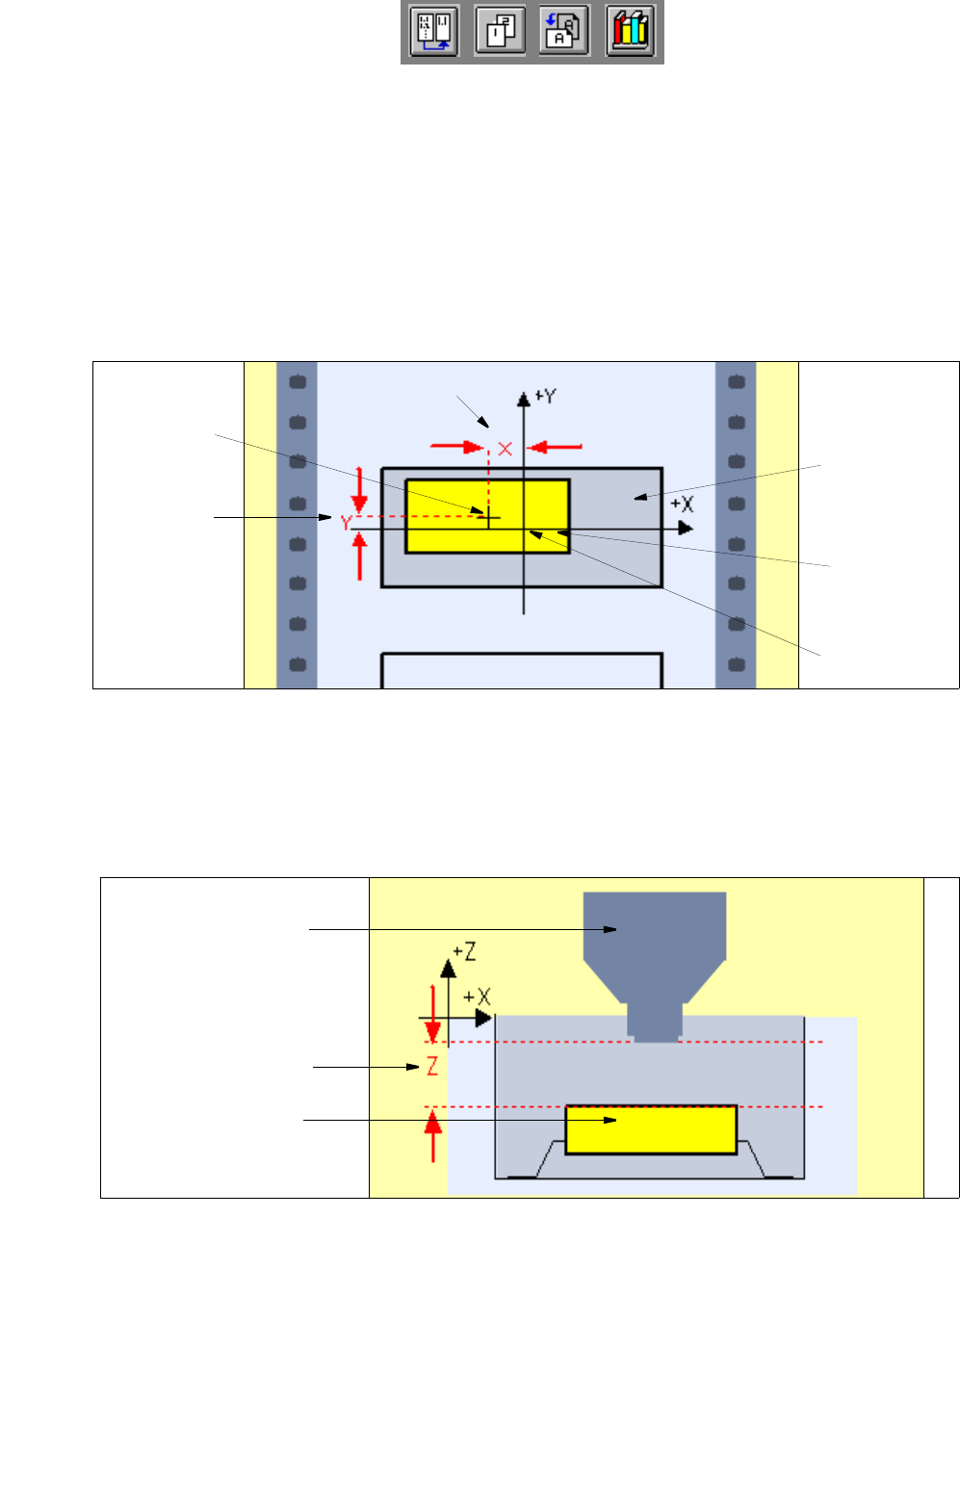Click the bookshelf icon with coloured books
[631, 32]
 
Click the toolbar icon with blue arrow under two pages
[434, 32]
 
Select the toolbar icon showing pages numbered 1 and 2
[500, 32]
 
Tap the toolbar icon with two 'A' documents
[564, 32]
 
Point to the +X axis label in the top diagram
[682, 505]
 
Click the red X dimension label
[505, 449]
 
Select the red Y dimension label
[345, 523]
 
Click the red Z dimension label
[432, 1067]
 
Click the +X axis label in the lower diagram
[478, 997]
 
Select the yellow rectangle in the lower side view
[651, 1129]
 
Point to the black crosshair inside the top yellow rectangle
[489, 518]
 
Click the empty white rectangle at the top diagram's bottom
[521, 671]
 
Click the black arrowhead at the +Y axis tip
[523, 398]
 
